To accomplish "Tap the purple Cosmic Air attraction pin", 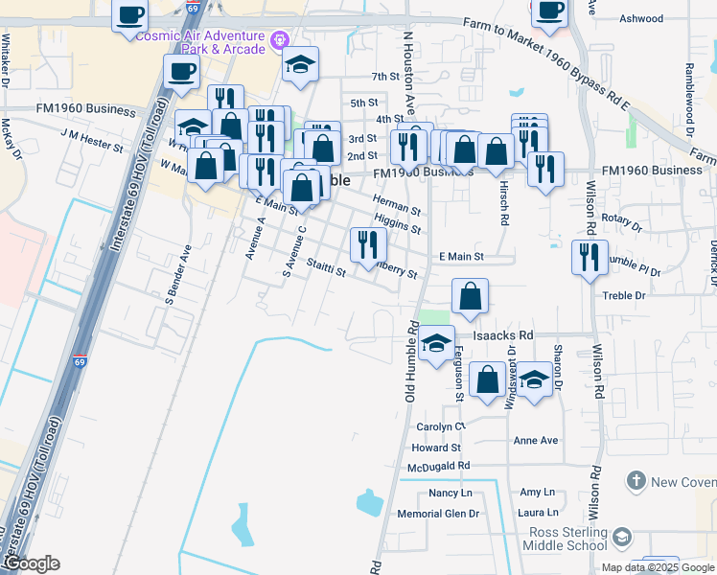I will click(x=280, y=39).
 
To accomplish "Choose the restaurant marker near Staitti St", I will click(x=369, y=245).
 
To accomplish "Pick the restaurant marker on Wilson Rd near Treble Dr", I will click(x=589, y=257).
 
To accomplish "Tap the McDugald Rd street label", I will click(x=438, y=466).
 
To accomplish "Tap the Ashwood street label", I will click(x=642, y=18).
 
